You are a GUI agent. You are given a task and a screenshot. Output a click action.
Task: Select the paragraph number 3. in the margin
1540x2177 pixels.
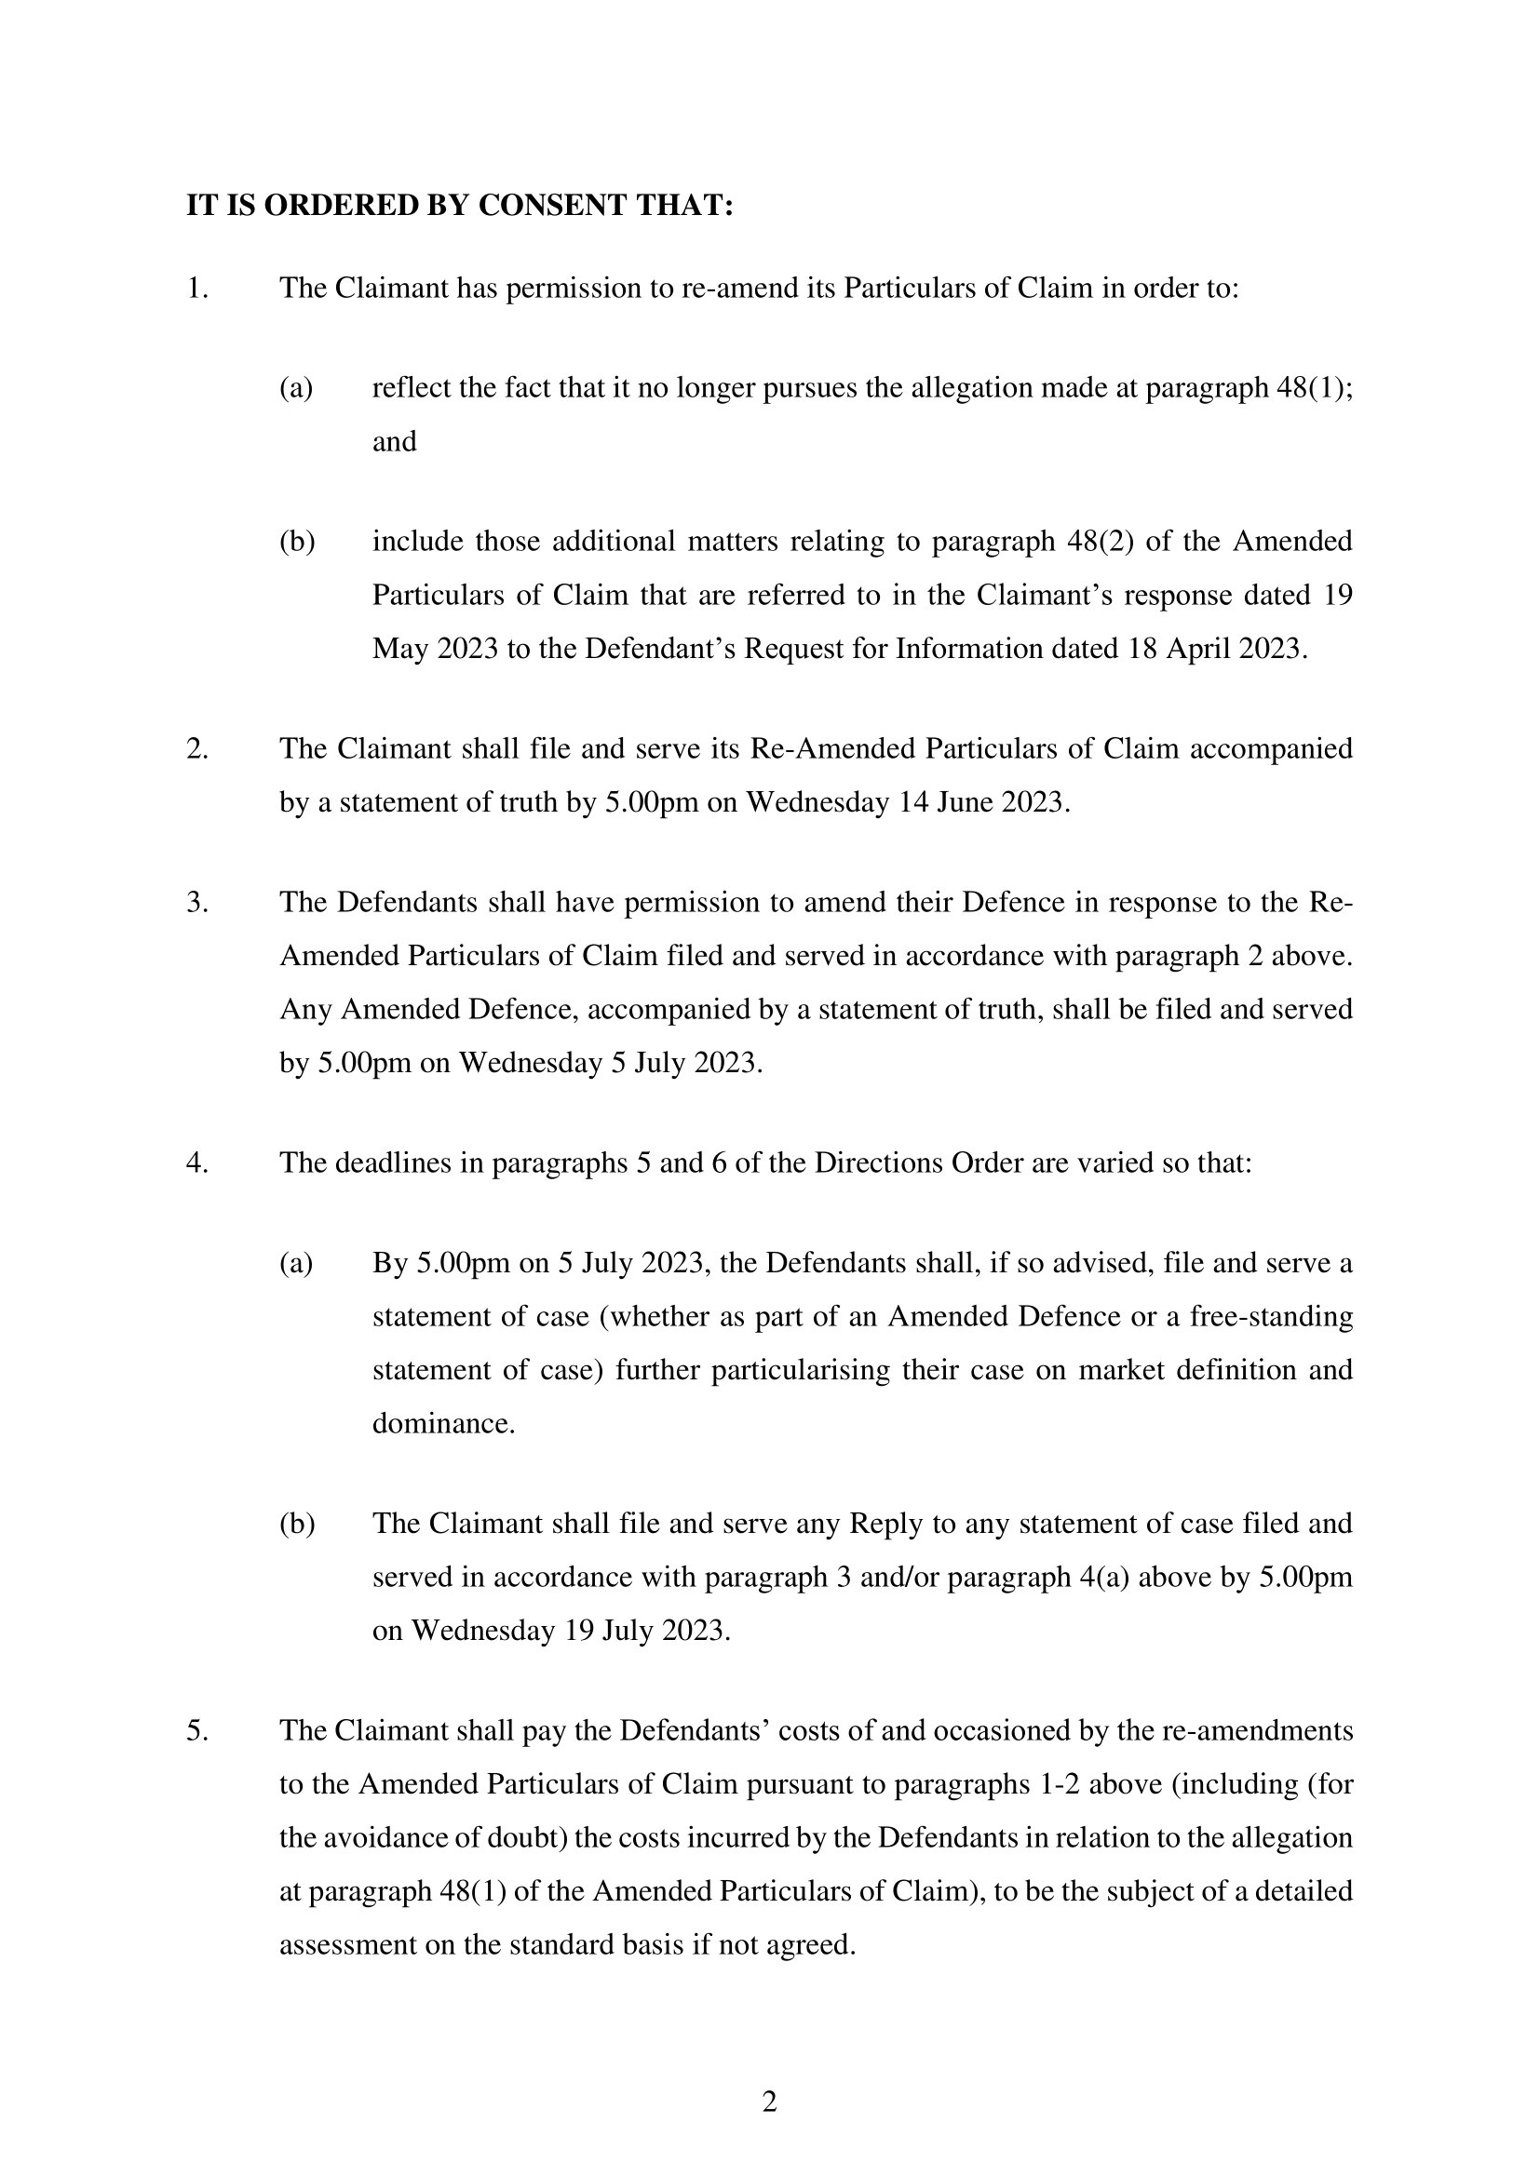pos(197,902)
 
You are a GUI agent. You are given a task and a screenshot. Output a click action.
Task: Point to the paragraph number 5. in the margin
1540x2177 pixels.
pos(197,1730)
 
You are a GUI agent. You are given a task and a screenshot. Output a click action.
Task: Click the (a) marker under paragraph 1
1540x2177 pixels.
pos(296,388)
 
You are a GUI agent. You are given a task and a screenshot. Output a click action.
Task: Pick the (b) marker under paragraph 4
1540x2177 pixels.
pos(296,1523)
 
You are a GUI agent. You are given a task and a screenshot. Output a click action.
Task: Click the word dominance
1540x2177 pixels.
pos(443,1423)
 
